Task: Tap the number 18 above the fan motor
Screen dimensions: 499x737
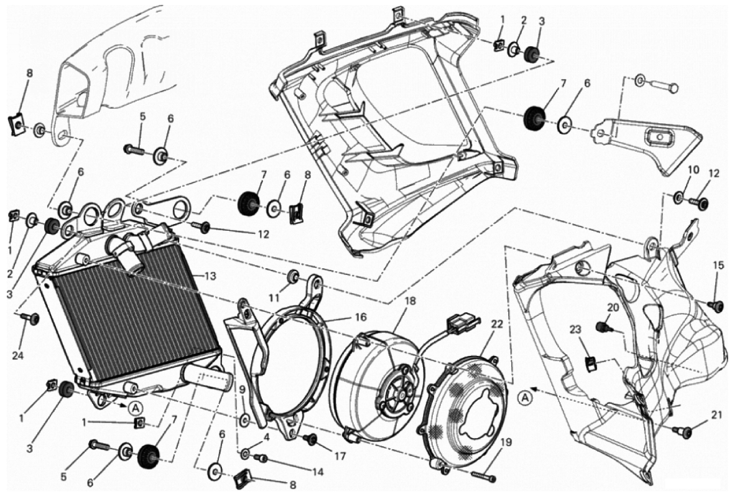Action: point(410,301)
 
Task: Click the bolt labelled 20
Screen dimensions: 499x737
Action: point(601,327)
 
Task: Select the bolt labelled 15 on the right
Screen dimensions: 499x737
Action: point(716,305)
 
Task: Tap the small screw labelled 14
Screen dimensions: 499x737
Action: point(262,459)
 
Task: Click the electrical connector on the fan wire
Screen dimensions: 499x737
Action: point(461,324)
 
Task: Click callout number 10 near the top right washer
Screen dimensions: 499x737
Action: point(693,170)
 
